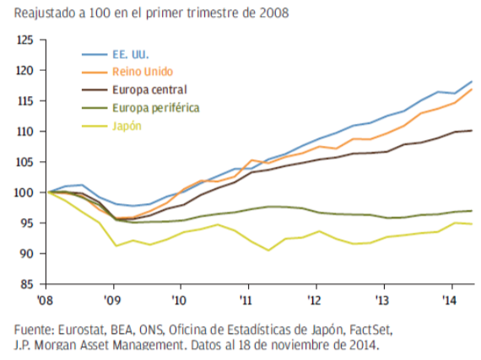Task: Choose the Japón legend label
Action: [124, 126]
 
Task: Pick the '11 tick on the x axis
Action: [246, 298]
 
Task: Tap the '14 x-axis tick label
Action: [451, 298]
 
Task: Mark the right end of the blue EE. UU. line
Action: [471, 82]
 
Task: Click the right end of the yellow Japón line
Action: [471, 223]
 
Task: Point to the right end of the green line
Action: [471, 211]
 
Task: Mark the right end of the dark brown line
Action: [471, 131]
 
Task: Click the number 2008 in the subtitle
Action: [268, 13]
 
